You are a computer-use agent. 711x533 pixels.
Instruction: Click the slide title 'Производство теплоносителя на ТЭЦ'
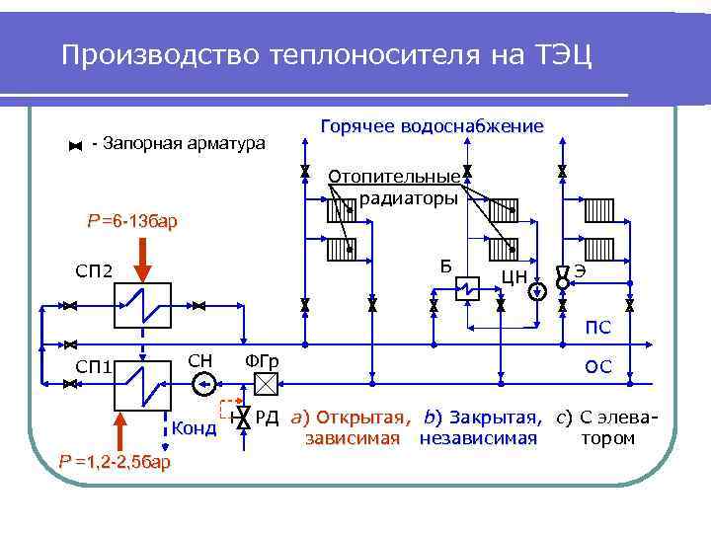pyautogui.click(x=326, y=54)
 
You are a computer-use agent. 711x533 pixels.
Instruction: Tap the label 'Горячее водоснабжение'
pyautogui.click(x=432, y=126)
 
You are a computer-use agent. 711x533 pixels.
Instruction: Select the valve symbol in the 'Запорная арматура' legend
pyautogui.click(x=75, y=146)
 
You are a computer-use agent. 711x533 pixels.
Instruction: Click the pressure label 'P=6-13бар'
pyautogui.click(x=133, y=221)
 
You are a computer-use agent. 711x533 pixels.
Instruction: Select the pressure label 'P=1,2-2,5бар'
pyautogui.click(x=115, y=462)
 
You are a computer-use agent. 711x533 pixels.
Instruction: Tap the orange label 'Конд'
pyautogui.click(x=194, y=428)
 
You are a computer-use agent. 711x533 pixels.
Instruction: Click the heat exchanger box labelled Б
pyautogui.click(x=464, y=288)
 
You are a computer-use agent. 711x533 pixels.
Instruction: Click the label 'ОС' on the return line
pyautogui.click(x=598, y=366)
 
